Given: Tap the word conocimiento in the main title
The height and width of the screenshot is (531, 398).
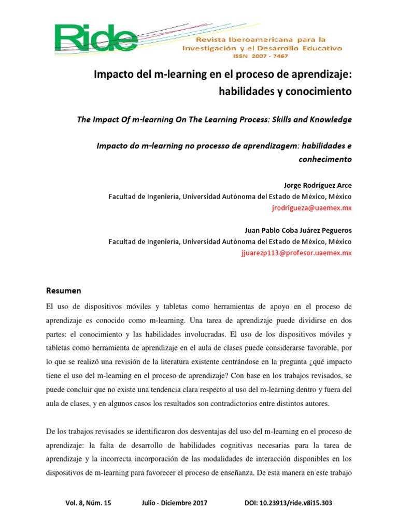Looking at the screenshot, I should pos(321,92).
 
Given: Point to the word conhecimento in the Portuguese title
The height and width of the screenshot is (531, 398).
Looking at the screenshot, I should pos(325,159).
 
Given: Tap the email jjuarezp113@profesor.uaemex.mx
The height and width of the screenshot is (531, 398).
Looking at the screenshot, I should pos(296,253).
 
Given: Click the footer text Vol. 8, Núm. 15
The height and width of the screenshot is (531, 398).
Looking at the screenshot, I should pos(89,503).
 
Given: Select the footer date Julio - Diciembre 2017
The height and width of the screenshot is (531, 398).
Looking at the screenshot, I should pos(174,503).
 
